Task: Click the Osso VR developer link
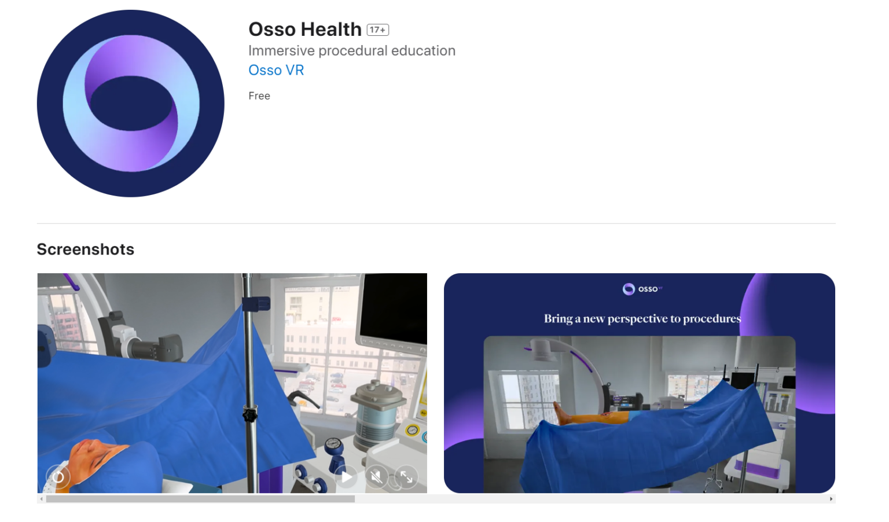coord(276,70)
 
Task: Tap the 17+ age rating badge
coord(378,30)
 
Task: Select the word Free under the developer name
coord(259,96)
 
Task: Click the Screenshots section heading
coord(86,249)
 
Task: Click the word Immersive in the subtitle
coord(281,51)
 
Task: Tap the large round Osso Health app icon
coord(131,104)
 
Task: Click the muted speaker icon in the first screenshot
coord(376,477)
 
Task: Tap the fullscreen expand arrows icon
coord(406,477)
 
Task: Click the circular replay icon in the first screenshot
coord(58,477)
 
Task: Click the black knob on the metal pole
coord(249,414)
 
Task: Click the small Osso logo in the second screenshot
coord(629,289)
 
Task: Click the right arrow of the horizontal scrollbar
coord(831,499)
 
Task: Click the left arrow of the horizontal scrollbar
coord(41,499)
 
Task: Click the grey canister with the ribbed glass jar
coord(379,414)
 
